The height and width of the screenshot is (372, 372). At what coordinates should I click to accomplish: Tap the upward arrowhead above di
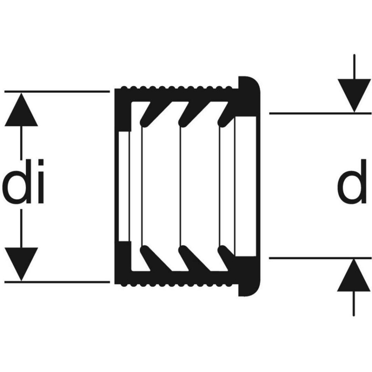21,111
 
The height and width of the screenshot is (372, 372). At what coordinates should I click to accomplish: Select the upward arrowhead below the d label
353,276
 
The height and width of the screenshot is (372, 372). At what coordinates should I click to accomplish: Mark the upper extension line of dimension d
320,113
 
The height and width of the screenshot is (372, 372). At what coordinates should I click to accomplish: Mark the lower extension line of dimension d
320,258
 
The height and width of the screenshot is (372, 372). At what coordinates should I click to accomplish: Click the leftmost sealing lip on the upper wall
149,115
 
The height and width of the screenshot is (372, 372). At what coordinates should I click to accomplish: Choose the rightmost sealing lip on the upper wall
227,115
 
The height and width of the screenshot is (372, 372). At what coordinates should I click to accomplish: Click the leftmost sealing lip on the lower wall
149,257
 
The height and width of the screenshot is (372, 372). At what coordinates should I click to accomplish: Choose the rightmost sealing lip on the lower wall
227,257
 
